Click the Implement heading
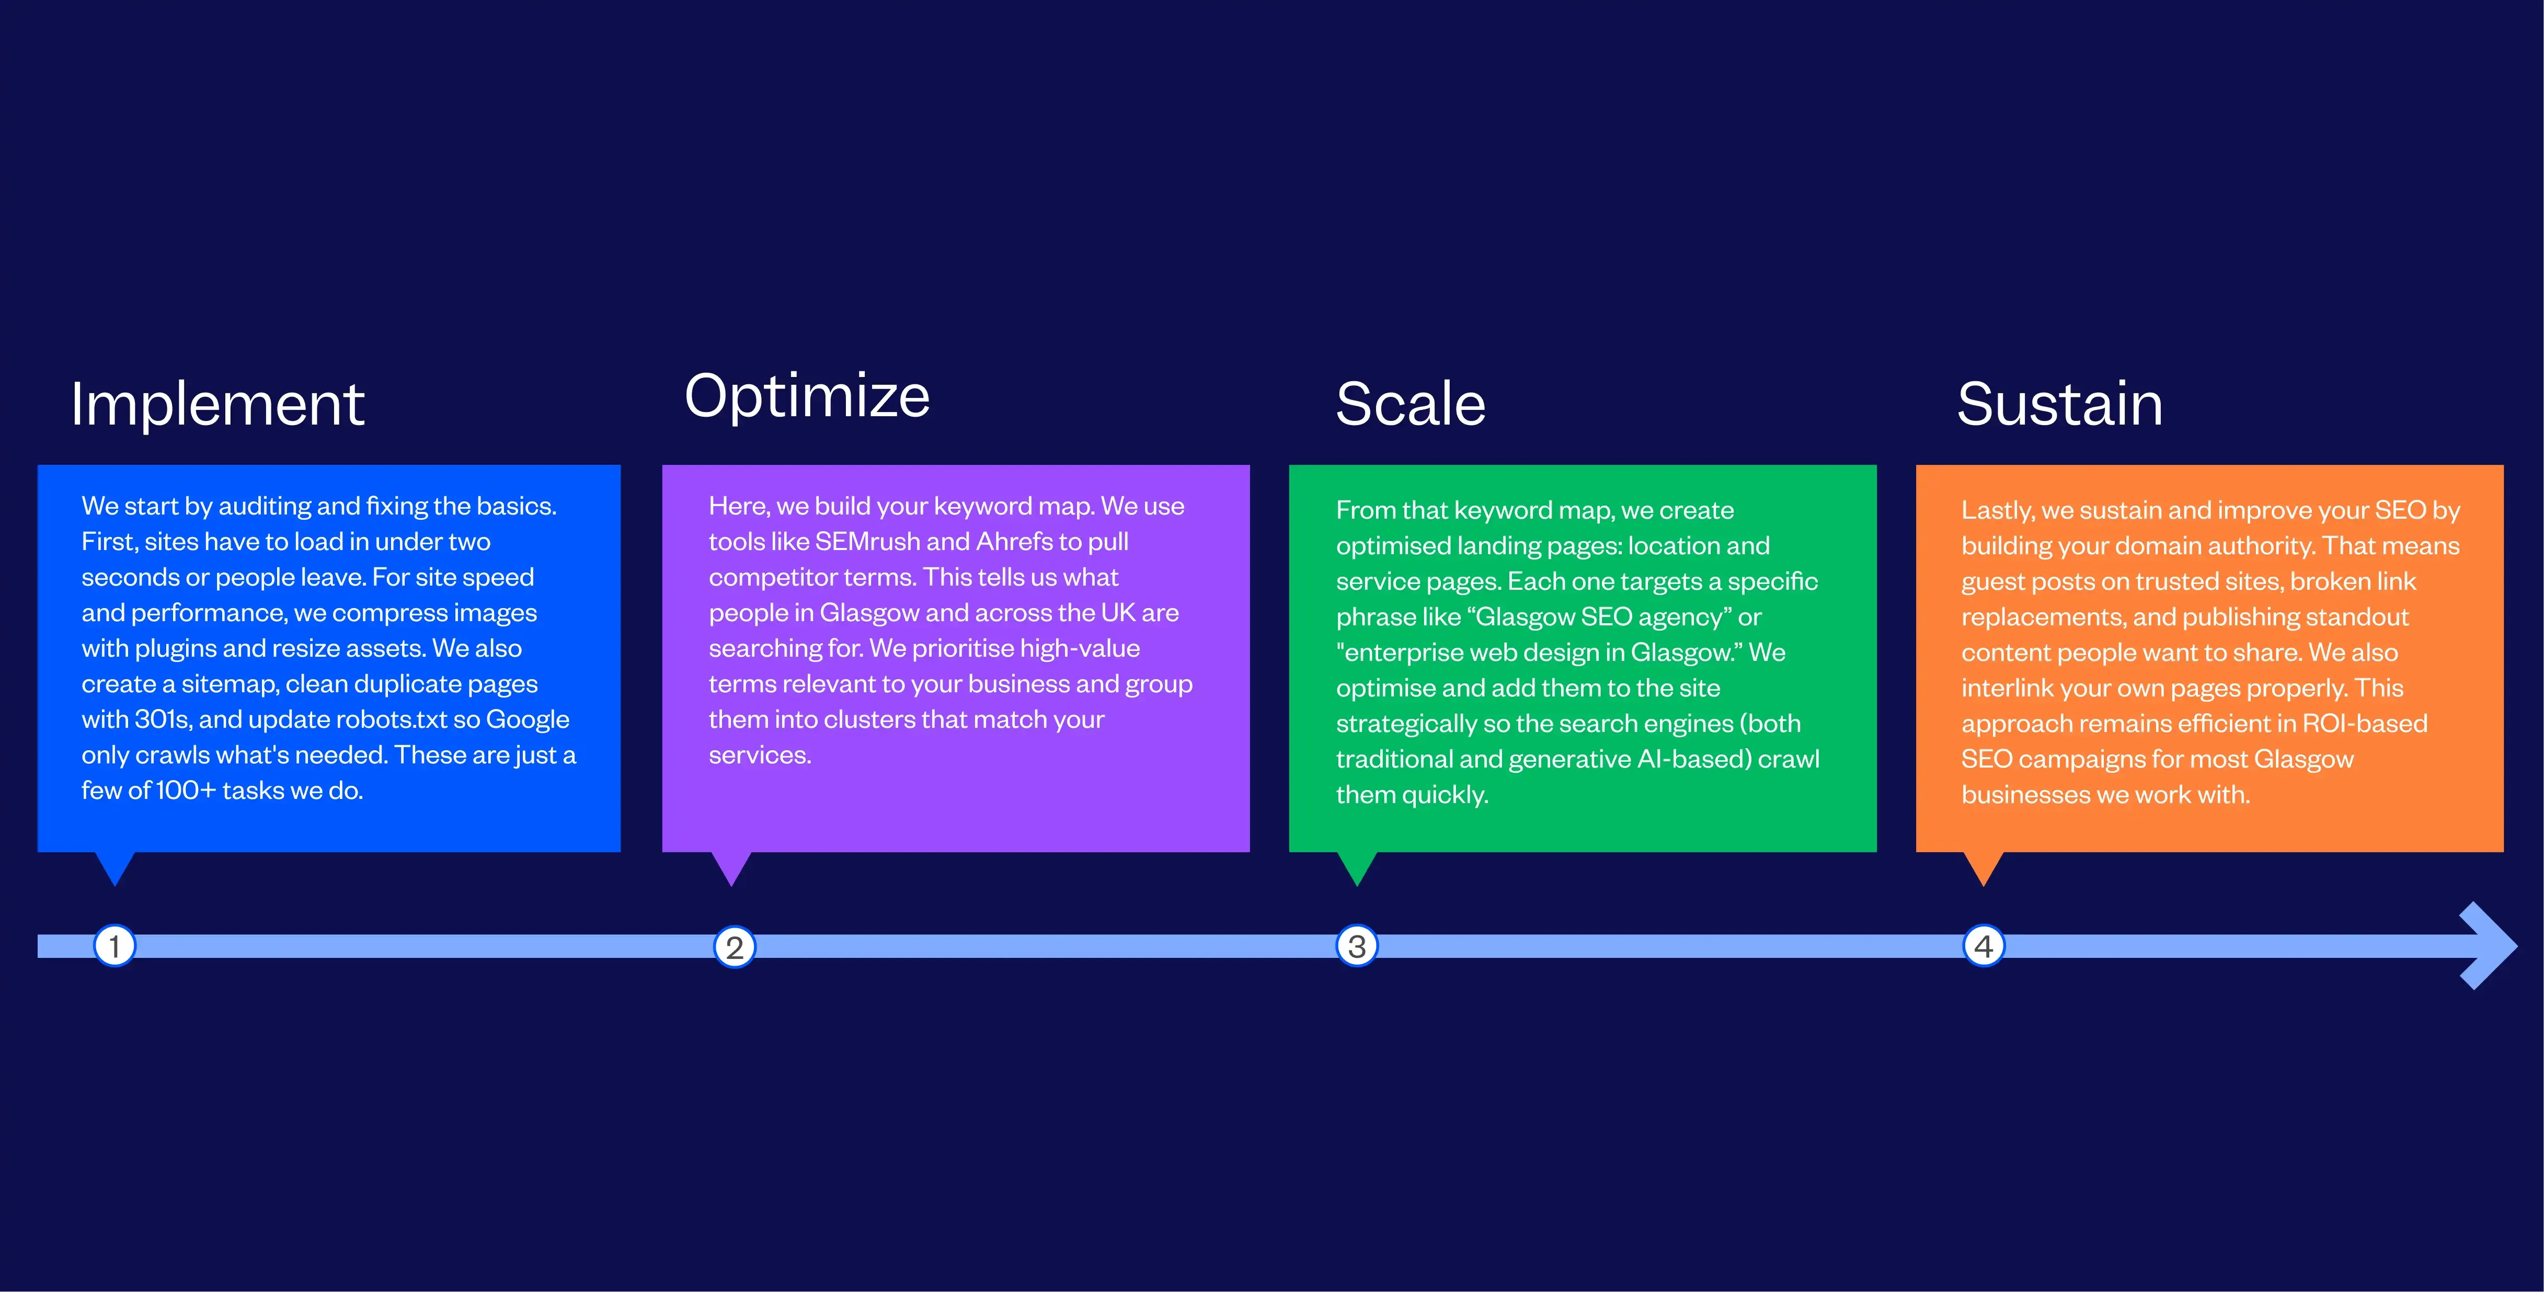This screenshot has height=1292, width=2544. [x=217, y=406]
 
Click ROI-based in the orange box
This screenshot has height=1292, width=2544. [x=2365, y=723]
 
